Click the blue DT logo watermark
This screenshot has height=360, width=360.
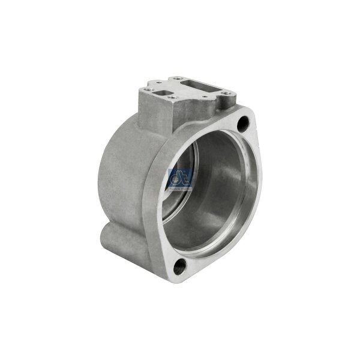(x=179, y=177)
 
